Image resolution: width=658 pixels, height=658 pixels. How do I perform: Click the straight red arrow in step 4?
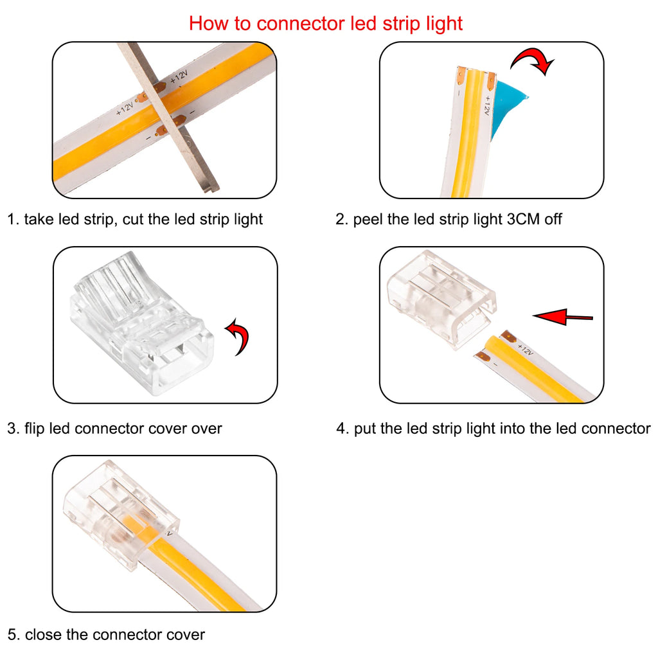tap(563, 316)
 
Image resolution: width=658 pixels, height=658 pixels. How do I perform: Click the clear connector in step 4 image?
tap(440, 302)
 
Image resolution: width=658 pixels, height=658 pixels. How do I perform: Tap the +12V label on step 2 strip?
tap(488, 105)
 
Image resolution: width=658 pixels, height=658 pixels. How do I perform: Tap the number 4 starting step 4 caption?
tap(341, 429)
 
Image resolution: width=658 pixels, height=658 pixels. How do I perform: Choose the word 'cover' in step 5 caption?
tap(183, 636)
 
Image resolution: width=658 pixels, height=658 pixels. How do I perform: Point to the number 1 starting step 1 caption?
tap(11, 220)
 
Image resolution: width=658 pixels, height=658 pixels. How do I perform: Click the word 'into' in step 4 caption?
tap(507, 429)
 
